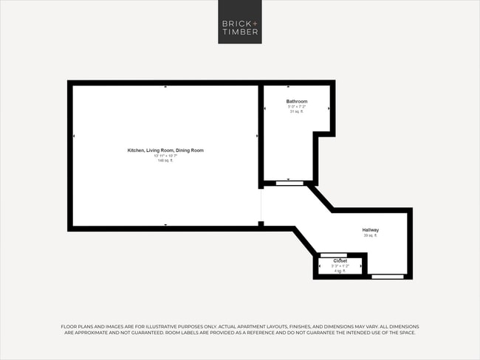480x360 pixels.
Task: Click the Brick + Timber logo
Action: pos(240,22)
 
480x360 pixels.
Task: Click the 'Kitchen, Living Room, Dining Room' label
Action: pos(165,150)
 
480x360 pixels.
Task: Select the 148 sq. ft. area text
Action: pos(165,160)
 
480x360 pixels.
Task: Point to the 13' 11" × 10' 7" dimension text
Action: pos(165,156)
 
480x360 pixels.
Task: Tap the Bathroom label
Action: pos(297,101)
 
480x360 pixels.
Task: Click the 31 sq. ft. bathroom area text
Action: pos(297,111)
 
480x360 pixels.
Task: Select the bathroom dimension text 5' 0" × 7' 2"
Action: pos(297,106)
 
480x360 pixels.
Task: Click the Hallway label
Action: pos(371,230)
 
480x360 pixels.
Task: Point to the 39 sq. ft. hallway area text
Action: pos(371,236)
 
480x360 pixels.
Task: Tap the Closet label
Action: pos(340,260)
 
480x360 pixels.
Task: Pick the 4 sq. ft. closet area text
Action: pos(340,271)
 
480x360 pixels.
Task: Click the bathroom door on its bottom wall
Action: pos(289,181)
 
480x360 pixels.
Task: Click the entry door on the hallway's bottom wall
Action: pos(388,277)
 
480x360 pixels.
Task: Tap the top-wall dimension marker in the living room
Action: pos(165,87)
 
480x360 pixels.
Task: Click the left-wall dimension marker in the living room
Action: pos(74,136)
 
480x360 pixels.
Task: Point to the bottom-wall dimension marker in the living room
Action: pos(165,224)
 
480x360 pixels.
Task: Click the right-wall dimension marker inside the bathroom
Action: pos(329,108)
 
